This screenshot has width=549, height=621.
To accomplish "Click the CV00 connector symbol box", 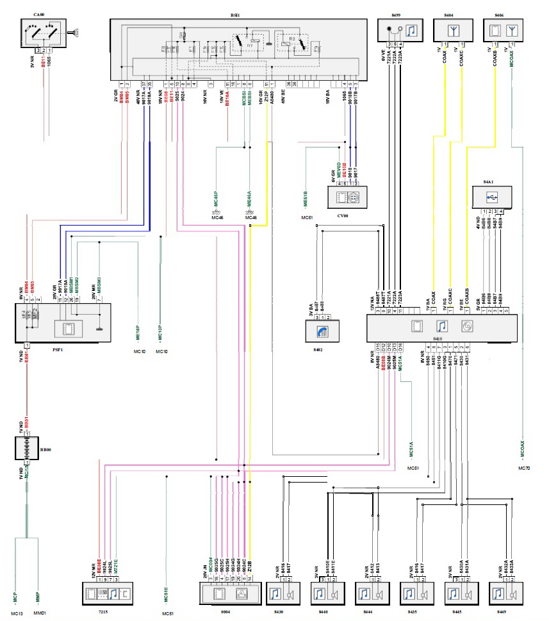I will coord(346,197).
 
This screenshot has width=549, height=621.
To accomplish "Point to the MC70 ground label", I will coord(524,468).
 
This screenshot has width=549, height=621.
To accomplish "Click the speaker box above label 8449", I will coord(506,595).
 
